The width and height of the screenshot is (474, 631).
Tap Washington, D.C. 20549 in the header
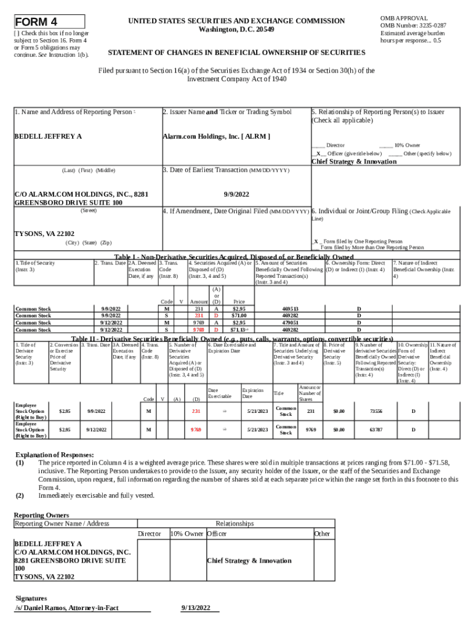pyautogui.click(x=237, y=30)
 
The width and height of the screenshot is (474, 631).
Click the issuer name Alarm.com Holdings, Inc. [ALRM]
pyautogui.click(x=216, y=136)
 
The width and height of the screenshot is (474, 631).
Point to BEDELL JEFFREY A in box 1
pyautogui.click(x=48, y=136)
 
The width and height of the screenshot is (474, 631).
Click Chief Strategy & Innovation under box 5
pyautogui.click(x=354, y=161)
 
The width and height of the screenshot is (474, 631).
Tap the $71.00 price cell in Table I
pyautogui.click(x=239, y=315)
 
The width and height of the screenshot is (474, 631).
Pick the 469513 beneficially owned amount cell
pyautogui.click(x=290, y=308)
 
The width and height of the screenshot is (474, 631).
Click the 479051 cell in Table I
pyautogui.click(x=290, y=322)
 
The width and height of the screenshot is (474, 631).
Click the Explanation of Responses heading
pyautogui.click(x=54, y=455)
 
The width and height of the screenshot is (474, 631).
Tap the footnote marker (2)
pyautogui.click(x=20, y=495)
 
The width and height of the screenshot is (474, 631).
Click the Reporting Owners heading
pyautogui.click(x=41, y=515)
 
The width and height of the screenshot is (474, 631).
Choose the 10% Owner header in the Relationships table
pyautogui.click(x=187, y=533)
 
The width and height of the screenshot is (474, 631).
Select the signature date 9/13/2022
pyautogui.click(x=200, y=608)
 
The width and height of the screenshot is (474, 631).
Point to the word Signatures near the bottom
pyautogui.click(x=31, y=598)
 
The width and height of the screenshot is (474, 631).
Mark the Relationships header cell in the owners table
pyautogui.click(x=235, y=524)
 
